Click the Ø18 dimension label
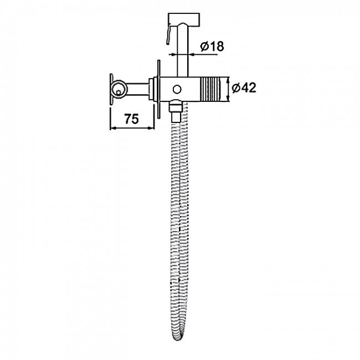coord(212,46)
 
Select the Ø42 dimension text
coord(244,88)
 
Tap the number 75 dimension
coord(132,119)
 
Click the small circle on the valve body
coord(177,89)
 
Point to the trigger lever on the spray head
coord(168,34)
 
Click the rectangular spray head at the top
coord(184,19)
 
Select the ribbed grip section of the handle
coord(211,89)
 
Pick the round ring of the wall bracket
coord(119,89)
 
